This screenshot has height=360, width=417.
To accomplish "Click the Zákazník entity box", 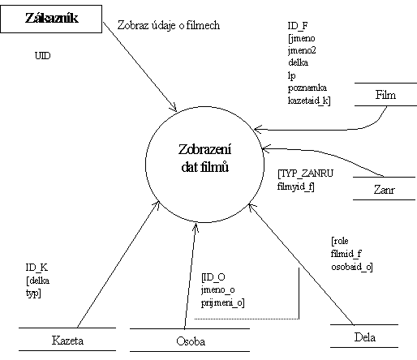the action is tap(51, 19).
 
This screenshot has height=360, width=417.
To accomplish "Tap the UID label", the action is tap(42, 56).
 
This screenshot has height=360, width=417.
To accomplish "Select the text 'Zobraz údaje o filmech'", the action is tap(169, 25).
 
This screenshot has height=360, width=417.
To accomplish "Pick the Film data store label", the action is tap(385, 95).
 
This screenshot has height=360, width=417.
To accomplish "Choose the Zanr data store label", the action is tap(384, 190).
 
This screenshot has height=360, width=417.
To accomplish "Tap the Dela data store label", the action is tap(364, 337).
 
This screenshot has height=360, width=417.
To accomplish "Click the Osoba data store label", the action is tap(191, 341).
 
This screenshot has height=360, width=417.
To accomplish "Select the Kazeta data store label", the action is tap(67, 341).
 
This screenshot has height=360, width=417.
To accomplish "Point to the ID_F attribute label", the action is tap(298, 26).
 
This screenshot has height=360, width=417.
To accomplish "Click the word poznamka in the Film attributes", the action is tap(307, 88).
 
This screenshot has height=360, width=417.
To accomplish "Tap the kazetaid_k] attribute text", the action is tap(309, 101).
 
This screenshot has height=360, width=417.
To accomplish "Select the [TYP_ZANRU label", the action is tap(306, 174).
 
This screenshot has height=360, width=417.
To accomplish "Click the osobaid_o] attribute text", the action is tap(352, 267).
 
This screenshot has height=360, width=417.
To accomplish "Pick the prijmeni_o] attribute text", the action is tap(223, 302).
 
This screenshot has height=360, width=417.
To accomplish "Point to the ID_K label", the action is tap(37, 268).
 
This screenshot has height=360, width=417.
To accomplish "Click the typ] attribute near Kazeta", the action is tap(33, 294).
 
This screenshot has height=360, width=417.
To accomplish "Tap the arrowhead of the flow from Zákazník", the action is tap(175, 109).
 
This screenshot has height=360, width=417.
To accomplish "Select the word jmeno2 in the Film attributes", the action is tap(302, 50).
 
